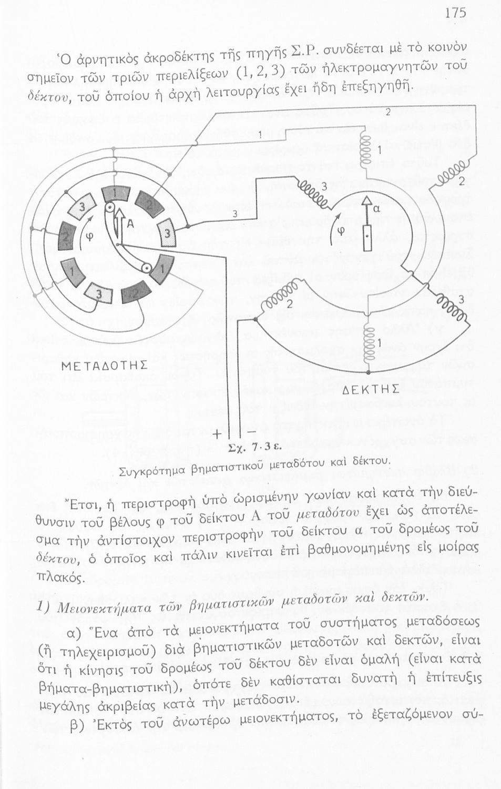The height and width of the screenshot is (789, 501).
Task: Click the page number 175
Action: point(455,13)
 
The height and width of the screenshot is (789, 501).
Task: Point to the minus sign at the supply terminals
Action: point(251,431)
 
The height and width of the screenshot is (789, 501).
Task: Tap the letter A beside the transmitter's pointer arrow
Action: point(128,225)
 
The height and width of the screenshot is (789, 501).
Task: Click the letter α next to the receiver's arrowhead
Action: point(377,208)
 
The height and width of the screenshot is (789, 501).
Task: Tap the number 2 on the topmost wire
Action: point(388,112)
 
